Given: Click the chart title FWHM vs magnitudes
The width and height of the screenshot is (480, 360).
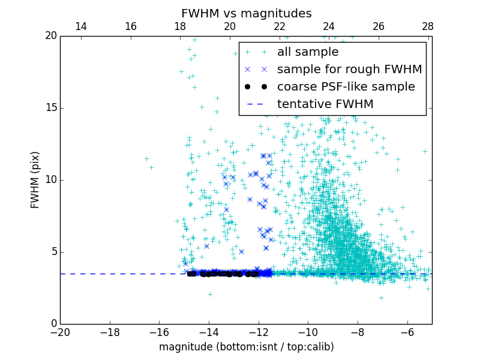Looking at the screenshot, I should click(x=246, y=13).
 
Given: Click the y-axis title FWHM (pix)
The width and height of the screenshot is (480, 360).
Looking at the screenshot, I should click(x=35, y=179).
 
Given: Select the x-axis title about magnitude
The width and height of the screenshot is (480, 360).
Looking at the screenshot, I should click(x=246, y=347).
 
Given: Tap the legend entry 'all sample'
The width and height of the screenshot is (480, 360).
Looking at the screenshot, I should click(x=308, y=52).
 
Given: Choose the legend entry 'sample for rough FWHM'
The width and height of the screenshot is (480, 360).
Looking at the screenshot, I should click(x=349, y=70).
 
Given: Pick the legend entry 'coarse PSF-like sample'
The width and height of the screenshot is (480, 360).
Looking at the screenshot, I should click(x=346, y=87).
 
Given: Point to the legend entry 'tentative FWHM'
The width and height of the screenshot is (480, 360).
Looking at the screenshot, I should click(x=325, y=104).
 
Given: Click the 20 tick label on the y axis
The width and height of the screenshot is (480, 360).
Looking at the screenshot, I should click(x=50, y=36).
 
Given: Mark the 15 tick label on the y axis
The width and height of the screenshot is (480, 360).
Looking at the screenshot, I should click(x=50, y=108).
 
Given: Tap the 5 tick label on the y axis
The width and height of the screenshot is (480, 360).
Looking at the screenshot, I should click(x=53, y=252).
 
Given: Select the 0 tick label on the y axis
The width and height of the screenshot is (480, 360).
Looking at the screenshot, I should click(x=53, y=324).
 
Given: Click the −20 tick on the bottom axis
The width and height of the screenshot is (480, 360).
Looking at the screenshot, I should click(x=60, y=332).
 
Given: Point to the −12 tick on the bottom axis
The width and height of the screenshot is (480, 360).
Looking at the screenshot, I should click(x=258, y=332).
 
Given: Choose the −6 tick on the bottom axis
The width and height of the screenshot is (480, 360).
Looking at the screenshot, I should click(x=407, y=332).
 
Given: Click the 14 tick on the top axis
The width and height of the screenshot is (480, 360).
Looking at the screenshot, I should click(x=80, y=27).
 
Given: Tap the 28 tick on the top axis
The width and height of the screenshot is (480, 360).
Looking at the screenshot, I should click(x=428, y=27).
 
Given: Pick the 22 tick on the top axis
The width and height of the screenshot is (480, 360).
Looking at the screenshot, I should click(x=279, y=27).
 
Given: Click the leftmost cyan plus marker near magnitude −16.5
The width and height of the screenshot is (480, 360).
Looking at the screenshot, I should click(x=146, y=158).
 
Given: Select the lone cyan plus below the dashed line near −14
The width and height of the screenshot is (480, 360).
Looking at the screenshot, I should click(x=210, y=294).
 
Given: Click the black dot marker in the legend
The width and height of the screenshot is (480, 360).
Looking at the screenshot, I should click(x=256, y=87).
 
